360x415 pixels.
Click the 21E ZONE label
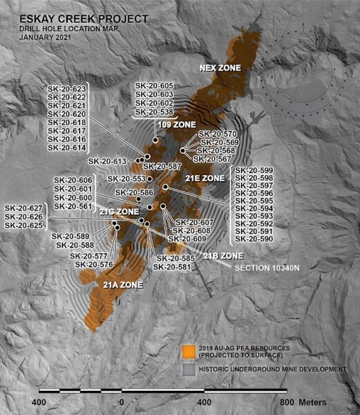coord(205,178)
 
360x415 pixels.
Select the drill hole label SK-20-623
coord(67,89)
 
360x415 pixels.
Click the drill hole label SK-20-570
coord(218,133)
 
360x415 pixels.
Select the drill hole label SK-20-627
coord(24,208)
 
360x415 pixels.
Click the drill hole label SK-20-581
coord(172,267)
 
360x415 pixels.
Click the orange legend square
coord(187,350)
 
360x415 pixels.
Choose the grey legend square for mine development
coord(187,369)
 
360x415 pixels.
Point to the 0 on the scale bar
coord(122,402)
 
